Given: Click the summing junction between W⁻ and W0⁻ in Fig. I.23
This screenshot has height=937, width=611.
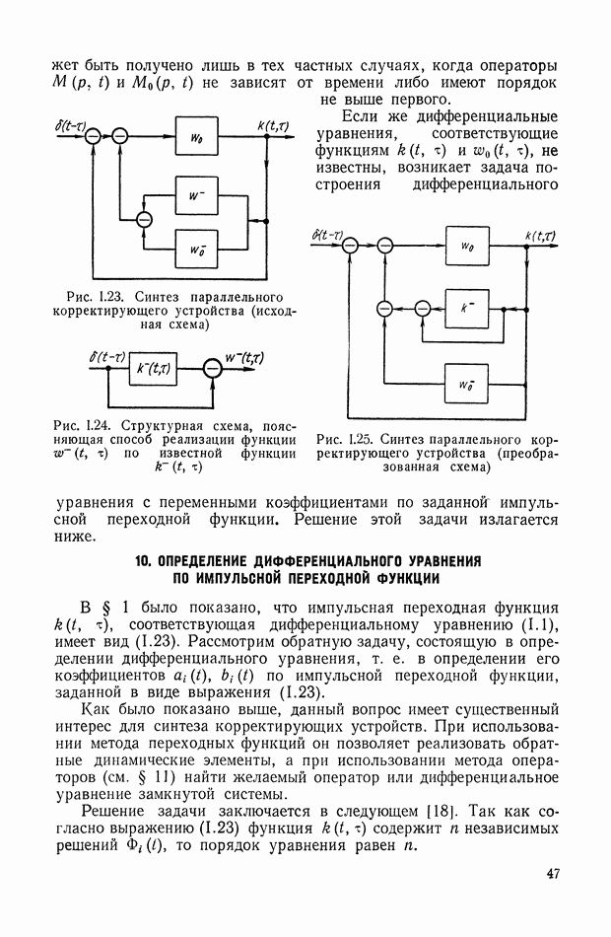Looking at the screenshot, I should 145,219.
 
